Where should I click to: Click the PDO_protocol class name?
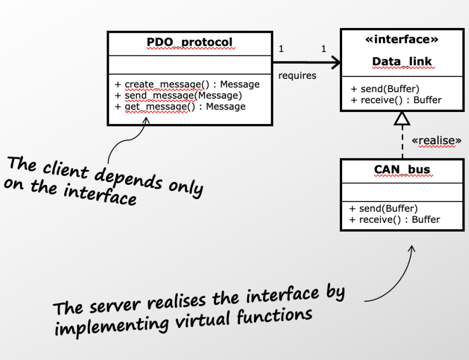(x=189, y=42)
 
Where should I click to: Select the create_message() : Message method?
(x=187, y=85)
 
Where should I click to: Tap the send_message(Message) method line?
(x=178, y=95)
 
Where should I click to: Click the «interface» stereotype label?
(x=402, y=40)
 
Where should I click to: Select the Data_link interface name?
(x=402, y=61)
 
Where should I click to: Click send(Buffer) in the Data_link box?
(x=384, y=89)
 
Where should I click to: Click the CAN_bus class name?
(x=402, y=170)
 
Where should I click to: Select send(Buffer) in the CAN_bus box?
(x=383, y=209)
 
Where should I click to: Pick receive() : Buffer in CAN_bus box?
(x=394, y=220)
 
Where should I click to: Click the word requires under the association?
(x=297, y=76)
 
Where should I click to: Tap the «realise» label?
(x=437, y=141)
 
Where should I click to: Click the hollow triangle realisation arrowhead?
(x=402, y=117)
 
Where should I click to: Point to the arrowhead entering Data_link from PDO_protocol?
(x=334, y=62)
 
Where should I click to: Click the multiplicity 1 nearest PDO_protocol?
(x=281, y=49)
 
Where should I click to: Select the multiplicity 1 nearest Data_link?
(x=323, y=49)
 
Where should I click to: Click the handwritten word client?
(x=65, y=168)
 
